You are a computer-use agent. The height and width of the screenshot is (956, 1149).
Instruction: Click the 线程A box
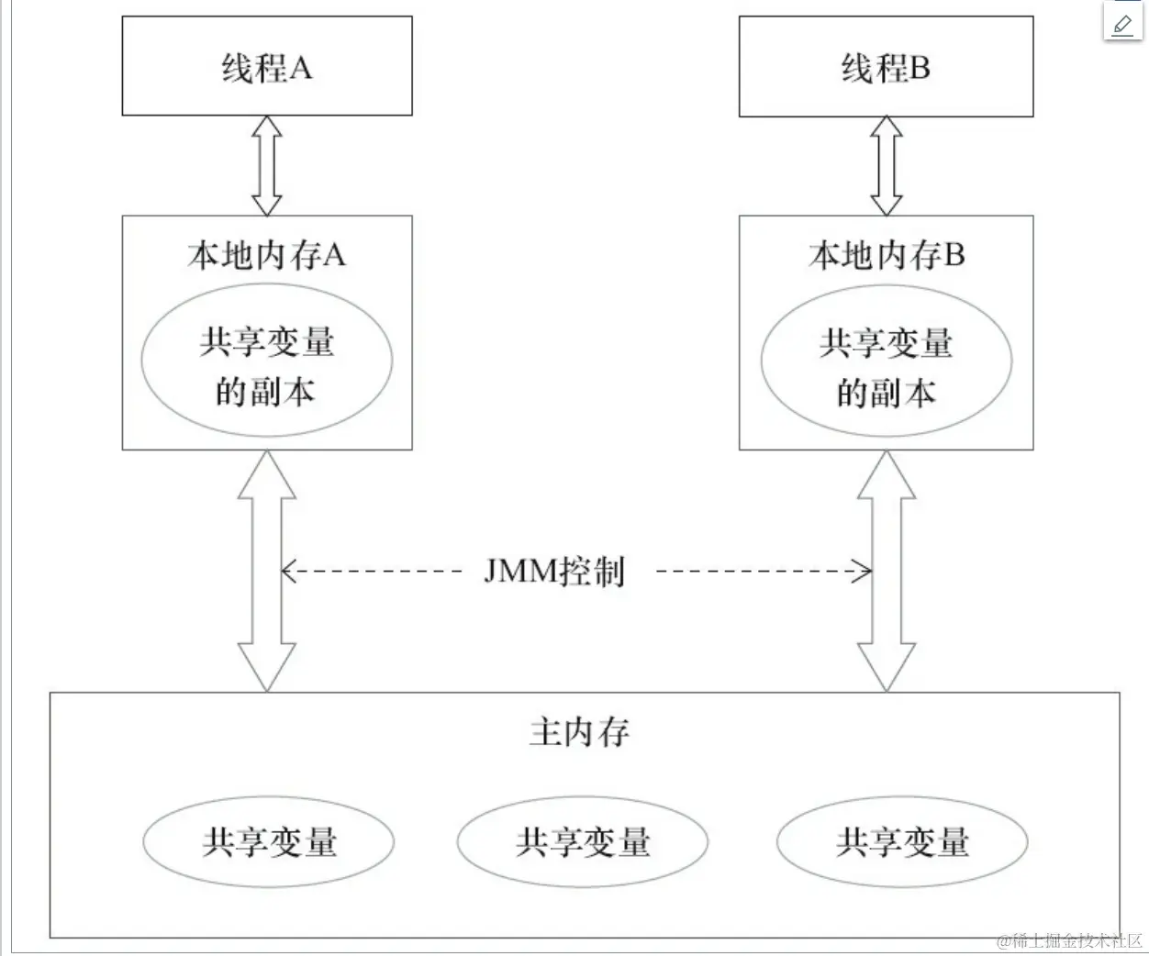[266, 67]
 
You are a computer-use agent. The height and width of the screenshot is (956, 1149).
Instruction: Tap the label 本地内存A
[266, 254]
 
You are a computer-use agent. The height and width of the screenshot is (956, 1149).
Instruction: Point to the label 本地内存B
[886, 254]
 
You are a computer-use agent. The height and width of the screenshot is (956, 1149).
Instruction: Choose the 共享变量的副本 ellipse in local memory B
[886, 364]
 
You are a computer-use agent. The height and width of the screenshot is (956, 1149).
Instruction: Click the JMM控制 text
[554, 571]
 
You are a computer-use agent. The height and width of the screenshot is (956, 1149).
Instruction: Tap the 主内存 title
[580, 731]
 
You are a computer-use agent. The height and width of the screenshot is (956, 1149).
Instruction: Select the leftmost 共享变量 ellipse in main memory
[268, 841]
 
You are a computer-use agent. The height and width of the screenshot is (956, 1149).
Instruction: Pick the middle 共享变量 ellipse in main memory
[583, 841]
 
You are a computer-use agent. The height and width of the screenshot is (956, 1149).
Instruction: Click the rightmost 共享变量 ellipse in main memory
[901, 841]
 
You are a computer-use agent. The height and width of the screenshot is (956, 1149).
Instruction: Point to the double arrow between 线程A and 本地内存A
[266, 165]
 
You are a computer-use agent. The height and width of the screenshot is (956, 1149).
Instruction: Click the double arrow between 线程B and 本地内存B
[886, 165]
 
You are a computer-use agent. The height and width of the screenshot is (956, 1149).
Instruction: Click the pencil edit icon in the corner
[1122, 23]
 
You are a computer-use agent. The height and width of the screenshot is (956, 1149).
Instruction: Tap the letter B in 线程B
[920, 68]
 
